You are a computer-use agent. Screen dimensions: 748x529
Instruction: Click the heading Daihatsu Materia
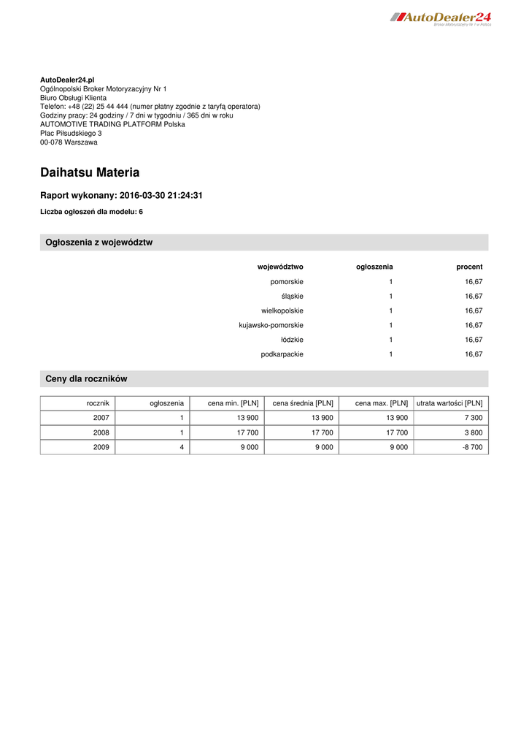(90, 173)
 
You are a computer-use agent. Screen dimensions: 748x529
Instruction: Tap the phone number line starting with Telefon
(150, 106)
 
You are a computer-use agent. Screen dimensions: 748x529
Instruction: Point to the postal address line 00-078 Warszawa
(69, 142)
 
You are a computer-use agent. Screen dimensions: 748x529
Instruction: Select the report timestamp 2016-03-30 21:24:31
(161, 196)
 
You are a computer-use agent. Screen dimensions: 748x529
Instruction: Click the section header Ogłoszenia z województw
(99, 243)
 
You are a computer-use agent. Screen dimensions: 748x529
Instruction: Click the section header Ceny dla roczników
(86, 378)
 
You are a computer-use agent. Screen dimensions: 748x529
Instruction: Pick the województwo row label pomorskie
(287, 281)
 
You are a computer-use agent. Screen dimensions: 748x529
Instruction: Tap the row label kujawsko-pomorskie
(271, 325)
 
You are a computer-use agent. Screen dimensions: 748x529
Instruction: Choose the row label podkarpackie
(282, 354)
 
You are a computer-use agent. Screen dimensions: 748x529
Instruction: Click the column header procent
(469, 267)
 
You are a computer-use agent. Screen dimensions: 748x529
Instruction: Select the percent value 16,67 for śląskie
(474, 296)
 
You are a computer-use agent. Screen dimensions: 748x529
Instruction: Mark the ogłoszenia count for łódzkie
(390, 340)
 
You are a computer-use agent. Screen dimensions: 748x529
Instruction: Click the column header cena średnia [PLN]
(302, 403)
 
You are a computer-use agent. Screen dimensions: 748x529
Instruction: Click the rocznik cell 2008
(101, 432)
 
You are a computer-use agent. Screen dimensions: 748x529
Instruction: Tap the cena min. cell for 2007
(243, 418)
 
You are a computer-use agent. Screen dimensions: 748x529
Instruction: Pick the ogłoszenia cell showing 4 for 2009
(181, 447)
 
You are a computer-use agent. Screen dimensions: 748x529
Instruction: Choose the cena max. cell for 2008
(393, 432)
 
